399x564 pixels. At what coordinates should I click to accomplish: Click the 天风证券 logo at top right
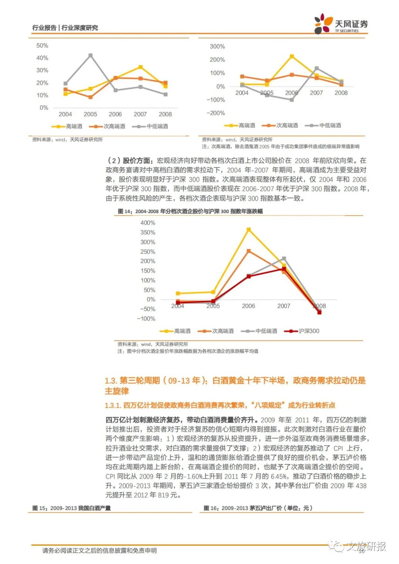(x=341, y=24)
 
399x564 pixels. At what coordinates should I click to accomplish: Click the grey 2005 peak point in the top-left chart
(x=91, y=55)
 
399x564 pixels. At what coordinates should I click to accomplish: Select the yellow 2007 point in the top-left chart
(x=140, y=67)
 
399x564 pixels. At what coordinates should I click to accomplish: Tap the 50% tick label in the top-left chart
(x=42, y=45)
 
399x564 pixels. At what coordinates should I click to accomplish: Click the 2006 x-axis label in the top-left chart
(x=115, y=114)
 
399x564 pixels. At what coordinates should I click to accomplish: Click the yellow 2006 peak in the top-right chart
(x=291, y=57)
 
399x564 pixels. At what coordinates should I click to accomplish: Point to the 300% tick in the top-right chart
(x=217, y=47)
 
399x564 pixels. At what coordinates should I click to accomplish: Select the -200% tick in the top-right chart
(x=216, y=113)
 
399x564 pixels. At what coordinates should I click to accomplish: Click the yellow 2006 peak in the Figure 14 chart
(x=249, y=230)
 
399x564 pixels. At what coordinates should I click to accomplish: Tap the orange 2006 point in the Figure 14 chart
(x=249, y=251)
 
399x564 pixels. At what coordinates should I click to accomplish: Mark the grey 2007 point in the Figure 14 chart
(x=284, y=259)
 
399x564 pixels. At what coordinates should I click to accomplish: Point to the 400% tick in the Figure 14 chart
(x=148, y=223)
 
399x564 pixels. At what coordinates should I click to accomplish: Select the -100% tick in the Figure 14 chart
(x=146, y=318)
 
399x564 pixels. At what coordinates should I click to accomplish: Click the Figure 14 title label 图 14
(x=125, y=211)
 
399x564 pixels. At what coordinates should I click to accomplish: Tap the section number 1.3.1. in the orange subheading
(x=113, y=405)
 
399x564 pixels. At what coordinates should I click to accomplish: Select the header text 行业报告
(x=44, y=28)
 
